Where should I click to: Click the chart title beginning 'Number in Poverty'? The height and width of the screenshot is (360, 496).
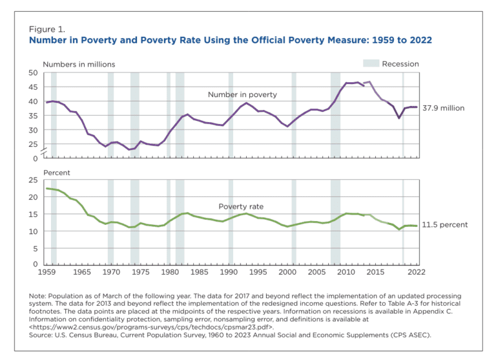click(231, 40)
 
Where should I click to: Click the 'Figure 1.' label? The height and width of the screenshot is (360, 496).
click(46, 29)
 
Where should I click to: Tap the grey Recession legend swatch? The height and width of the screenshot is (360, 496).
click(371, 63)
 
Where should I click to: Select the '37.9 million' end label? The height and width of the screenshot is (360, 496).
click(444, 108)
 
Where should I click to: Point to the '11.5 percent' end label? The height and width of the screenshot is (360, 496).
click(445, 224)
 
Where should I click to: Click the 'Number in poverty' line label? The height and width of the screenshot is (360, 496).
click(242, 94)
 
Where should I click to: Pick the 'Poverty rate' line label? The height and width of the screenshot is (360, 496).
click(241, 206)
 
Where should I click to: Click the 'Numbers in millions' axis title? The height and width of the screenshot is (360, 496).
click(79, 64)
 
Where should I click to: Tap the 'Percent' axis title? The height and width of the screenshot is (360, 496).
click(57, 173)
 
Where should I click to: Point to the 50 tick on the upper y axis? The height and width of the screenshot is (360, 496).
click(33, 73)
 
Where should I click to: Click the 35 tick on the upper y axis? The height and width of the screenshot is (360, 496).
click(33, 116)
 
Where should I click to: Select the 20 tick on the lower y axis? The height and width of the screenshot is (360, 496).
click(33, 197)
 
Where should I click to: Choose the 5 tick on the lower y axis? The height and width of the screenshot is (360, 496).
click(36, 249)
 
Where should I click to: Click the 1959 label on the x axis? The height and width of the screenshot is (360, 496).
click(46, 272)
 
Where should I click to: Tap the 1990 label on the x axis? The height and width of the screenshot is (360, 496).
click(229, 272)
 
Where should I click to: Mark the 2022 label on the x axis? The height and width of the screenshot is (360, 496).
click(417, 272)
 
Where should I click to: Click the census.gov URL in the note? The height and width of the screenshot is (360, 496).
click(152, 327)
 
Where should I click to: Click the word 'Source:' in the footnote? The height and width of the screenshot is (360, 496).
click(41, 335)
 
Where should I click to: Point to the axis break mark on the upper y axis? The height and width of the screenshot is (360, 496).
click(45, 152)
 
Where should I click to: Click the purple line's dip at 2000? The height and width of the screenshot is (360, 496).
click(287, 126)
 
